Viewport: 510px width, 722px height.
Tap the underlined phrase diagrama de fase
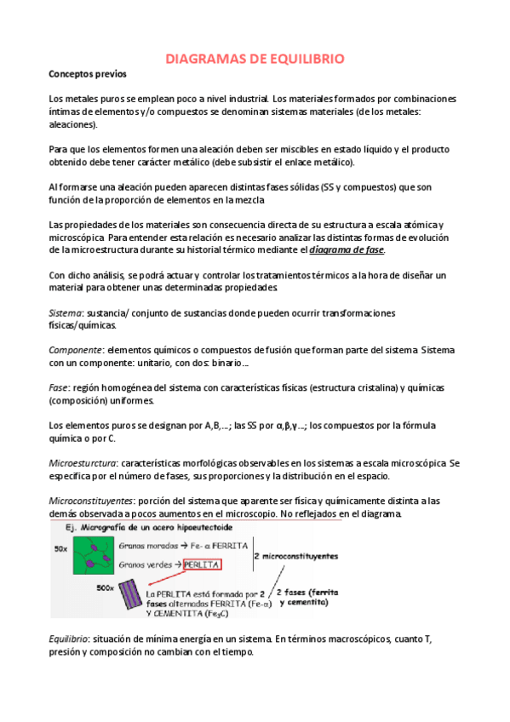[x=347, y=250]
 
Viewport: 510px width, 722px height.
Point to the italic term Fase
[x=60, y=387]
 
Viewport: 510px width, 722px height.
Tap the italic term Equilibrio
[x=72, y=639]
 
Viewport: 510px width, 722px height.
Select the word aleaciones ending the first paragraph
[x=74, y=124]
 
